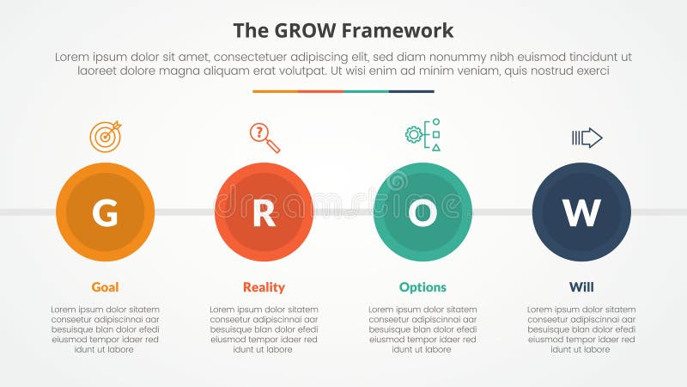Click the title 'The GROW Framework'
[x=343, y=31]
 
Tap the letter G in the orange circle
[x=105, y=212]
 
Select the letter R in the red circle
[x=264, y=212]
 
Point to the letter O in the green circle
[x=423, y=212]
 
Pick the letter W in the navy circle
[x=581, y=212]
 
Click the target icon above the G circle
[x=106, y=137]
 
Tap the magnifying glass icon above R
[x=264, y=138]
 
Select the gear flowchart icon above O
[x=423, y=136]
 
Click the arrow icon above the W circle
[x=587, y=138]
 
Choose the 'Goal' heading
[x=105, y=287]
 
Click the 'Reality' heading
[x=264, y=287]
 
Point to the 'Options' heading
[x=423, y=287]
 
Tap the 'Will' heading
[x=581, y=287]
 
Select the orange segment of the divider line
[x=275, y=91]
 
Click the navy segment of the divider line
[x=411, y=91]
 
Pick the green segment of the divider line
[x=366, y=91]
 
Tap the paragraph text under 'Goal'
[x=105, y=329]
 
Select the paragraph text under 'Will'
[x=581, y=329]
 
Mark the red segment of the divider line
[x=320, y=91]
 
